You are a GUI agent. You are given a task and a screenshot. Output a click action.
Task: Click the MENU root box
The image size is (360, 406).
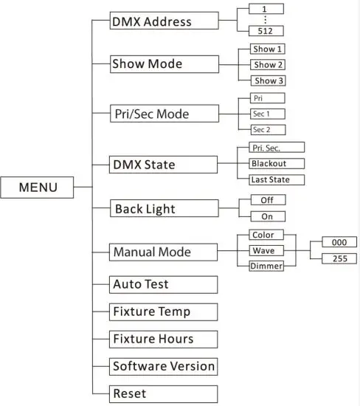(x=38, y=187)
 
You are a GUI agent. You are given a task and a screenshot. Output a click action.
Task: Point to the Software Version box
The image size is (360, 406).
(x=164, y=366)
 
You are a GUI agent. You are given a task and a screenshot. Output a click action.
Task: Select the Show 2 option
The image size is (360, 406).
(x=269, y=64)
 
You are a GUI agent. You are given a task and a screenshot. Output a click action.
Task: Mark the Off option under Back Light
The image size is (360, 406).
(x=268, y=200)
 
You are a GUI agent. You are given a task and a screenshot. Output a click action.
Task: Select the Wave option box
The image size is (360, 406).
(x=263, y=251)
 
